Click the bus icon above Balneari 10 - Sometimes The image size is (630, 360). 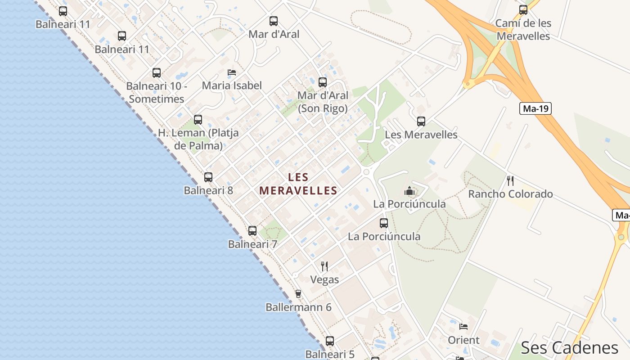(x=157, y=73)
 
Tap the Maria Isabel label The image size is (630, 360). (x=232, y=85)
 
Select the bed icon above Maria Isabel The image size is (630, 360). (x=232, y=72)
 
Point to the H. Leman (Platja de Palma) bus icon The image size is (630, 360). (x=198, y=120)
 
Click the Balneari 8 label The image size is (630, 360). (x=208, y=190)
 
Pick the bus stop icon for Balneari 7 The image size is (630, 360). (x=252, y=231)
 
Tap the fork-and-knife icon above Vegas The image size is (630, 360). (x=324, y=266)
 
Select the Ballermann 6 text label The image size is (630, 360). (x=298, y=307)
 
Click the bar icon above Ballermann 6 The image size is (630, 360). (x=298, y=294)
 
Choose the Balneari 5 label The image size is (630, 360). (x=330, y=354)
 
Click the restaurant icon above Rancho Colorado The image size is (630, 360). (x=510, y=181)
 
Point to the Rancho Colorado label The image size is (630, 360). (x=510, y=194)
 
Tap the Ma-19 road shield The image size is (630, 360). (x=535, y=108)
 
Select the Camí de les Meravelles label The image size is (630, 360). (x=523, y=30)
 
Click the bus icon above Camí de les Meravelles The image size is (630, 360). (x=523, y=10)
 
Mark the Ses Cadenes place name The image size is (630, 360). (x=570, y=348)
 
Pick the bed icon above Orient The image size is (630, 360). (x=463, y=327)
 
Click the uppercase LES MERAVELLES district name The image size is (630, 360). (x=298, y=184)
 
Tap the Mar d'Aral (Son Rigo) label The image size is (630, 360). (x=323, y=102)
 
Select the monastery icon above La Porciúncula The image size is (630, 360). (x=409, y=191)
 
